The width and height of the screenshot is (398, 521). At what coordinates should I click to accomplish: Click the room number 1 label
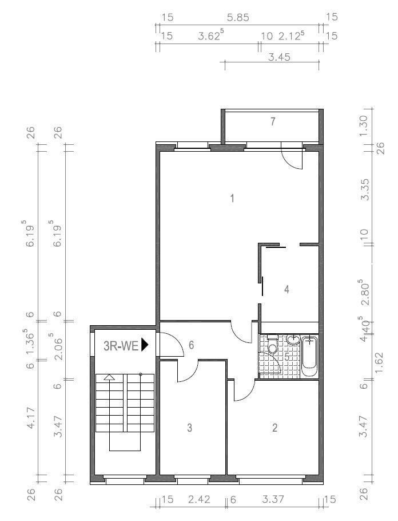[232, 199]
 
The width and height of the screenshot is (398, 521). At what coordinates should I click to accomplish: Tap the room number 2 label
[275, 428]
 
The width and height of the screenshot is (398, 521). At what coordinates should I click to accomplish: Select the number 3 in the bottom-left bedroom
[189, 428]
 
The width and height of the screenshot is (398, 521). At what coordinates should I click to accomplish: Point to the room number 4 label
[286, 290]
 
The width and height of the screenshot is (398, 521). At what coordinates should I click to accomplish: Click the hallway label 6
[192, 345]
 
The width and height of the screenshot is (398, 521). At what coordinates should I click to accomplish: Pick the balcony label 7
[273, 121]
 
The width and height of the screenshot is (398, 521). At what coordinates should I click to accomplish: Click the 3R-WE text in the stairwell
[121, 345]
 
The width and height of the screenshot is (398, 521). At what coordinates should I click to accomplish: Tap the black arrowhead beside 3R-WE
[145, 345]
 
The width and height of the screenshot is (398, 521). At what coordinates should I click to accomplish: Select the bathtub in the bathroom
[309, 356]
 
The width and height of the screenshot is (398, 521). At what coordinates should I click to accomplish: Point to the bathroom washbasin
[293, 341]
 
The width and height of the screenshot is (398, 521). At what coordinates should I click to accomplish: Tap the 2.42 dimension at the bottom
[198, 500]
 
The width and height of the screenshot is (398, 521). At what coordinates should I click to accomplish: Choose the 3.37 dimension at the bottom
[274, 500]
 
